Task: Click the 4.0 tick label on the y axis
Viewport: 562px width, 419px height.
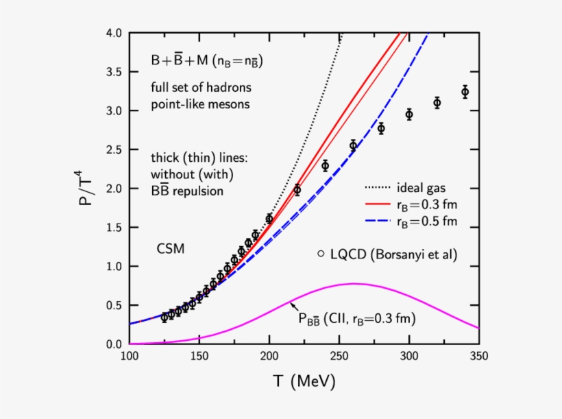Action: pos(112,33)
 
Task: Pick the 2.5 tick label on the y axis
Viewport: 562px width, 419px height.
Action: pos(112,149)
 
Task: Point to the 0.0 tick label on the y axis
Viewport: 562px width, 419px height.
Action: pos(112,344)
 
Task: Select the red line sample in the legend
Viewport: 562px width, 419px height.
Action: pos(376,204)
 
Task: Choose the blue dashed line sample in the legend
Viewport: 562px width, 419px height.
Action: pos(376,220)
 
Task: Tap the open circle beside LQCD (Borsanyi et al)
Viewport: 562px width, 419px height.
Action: pos(320,254)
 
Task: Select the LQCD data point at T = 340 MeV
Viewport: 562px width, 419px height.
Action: pos(465,92)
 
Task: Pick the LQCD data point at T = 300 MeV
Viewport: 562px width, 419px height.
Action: pos(409,115)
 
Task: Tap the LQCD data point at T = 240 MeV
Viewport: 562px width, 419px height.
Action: pos(325,165)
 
